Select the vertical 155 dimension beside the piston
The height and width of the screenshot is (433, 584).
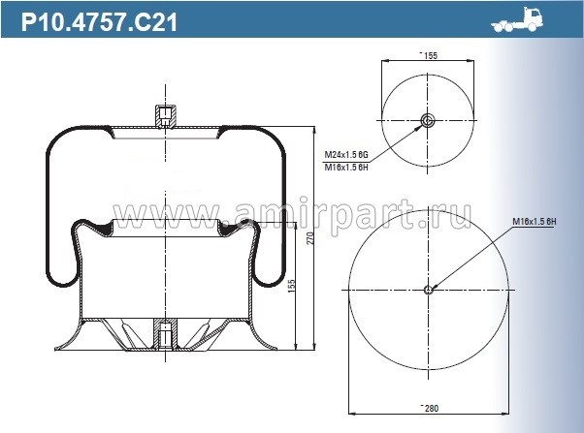[x=292, y=287]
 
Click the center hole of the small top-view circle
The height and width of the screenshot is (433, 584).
[x=429, y=121]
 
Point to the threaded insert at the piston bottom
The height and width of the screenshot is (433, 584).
[x=166, y=334]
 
